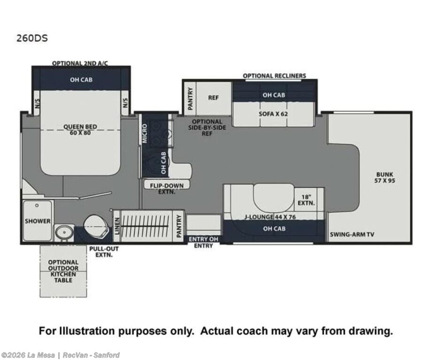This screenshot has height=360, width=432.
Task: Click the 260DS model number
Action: coord(32,38)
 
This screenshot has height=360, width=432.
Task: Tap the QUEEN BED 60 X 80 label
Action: coord(80,130)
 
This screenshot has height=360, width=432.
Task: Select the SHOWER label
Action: coord(38,221)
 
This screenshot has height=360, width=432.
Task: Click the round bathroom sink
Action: coord(64,233)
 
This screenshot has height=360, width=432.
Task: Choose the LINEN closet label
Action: coord(117,226)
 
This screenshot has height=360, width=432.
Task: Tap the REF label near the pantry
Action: coord(213,98)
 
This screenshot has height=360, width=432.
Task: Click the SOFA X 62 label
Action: coord(273,114)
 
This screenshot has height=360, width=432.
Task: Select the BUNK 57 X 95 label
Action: coord(385,177)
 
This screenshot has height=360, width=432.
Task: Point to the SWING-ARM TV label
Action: coord(352,234)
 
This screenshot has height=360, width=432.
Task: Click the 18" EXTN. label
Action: coord(306,200)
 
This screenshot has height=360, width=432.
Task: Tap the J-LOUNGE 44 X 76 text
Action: coord(270,217)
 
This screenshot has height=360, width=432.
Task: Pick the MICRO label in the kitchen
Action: coord(145,134)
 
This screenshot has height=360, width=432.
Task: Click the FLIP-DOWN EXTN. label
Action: coord(167,189)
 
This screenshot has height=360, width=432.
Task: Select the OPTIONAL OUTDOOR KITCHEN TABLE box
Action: coord(63,271)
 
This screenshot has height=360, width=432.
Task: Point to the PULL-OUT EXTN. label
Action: coord(104,252)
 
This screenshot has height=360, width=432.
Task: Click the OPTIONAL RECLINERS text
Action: coord(274,76)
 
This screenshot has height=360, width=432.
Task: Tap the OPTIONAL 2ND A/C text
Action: coord(80,63)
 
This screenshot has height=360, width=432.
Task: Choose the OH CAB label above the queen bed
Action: coord(81,80)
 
